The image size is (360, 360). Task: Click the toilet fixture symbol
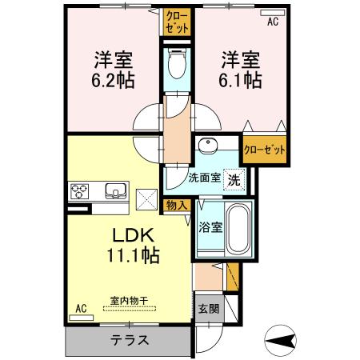[x=177, y=66]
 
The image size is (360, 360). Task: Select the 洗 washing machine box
[x=234, y=180]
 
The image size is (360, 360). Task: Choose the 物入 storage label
[x=177, y=206]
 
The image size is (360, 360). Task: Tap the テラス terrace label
[x=128, y=339]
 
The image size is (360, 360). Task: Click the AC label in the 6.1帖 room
[x=273, y=23]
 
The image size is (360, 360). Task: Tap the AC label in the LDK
[x=80, y=308]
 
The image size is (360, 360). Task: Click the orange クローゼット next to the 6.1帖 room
[x=265, y=150]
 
